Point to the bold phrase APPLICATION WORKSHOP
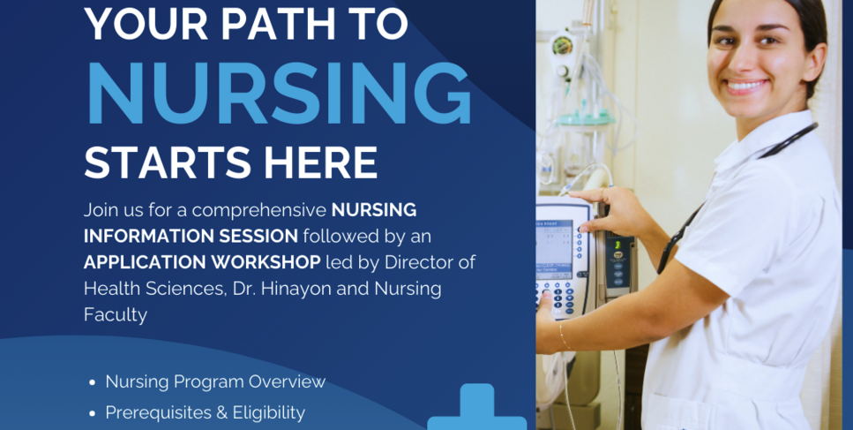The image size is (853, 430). click(x=202, y=262)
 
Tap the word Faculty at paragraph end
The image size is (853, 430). click(x=116, y=315)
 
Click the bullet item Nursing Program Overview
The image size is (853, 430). click(x=215, y=381)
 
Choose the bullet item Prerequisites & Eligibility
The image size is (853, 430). click(x=205, y=411)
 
